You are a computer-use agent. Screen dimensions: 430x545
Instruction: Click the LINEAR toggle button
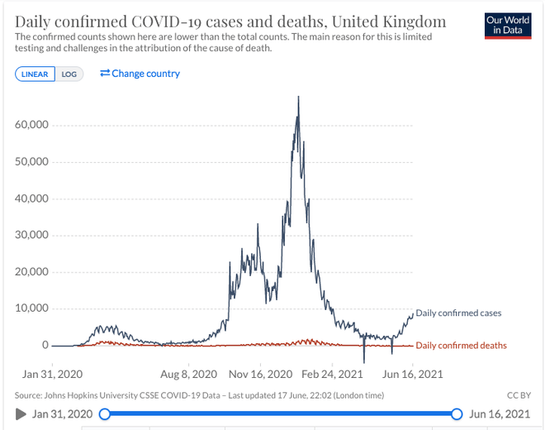36,74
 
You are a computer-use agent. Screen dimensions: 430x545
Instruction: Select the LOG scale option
69,74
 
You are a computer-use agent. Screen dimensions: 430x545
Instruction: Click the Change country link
140,74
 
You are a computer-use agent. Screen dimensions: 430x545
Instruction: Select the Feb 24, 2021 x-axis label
332,374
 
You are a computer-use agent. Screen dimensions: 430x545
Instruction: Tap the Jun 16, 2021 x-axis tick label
413,374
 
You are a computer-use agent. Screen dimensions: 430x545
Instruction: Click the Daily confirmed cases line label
458,313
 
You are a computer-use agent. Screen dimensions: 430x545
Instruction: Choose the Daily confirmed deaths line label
461,346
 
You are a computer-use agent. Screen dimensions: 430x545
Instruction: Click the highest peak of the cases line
298,98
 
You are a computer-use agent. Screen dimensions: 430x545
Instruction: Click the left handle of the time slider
104,413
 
